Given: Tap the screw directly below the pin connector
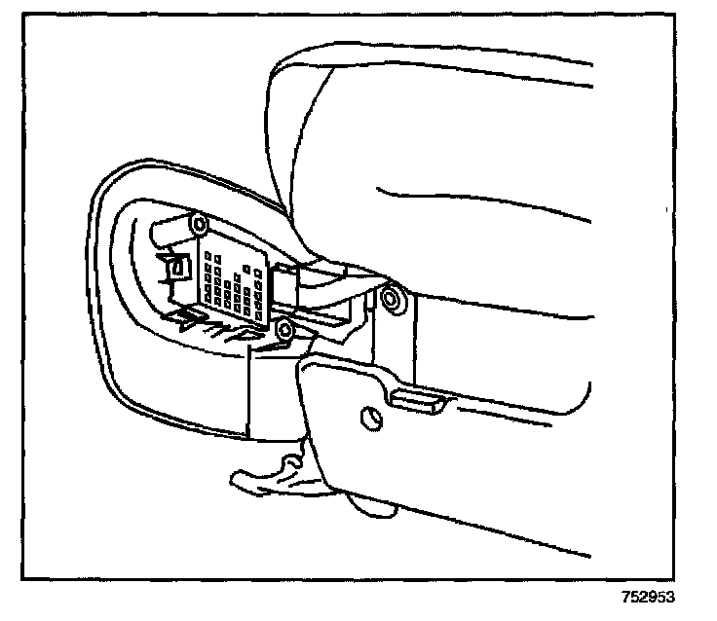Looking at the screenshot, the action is tap(285, 330).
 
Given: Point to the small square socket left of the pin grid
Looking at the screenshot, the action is tap(178, 266).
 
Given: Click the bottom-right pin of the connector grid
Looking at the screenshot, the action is tap(260, 313).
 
